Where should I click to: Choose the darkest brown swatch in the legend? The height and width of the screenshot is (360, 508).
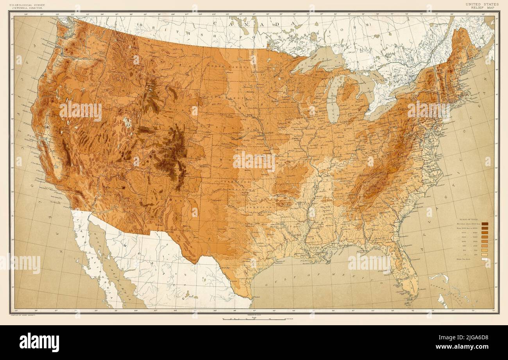click(485, 224)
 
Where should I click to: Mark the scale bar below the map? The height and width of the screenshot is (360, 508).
click(254, 319)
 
